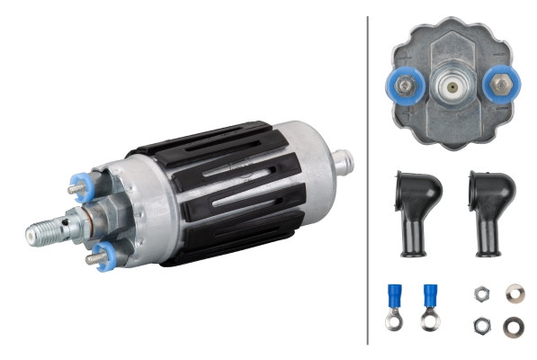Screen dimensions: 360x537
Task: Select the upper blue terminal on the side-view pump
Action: (x=76, y=186)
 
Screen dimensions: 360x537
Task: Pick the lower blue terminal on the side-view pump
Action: (x=100, y=255)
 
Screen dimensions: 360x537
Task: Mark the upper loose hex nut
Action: (x=480, y=294)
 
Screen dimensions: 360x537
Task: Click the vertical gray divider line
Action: (x=367, y=180)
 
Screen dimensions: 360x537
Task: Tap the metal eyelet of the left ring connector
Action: (x=393, y=319)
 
